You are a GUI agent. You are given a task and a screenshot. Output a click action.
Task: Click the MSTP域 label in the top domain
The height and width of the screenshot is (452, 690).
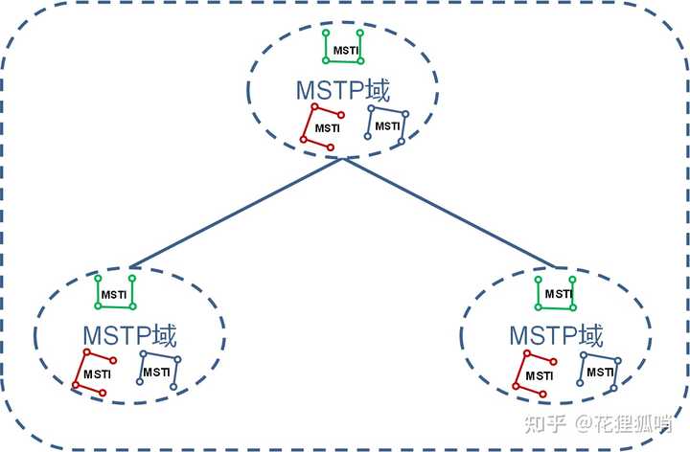(x=343, y=92)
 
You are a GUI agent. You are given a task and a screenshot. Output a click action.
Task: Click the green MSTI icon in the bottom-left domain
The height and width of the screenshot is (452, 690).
(x=115, y=292)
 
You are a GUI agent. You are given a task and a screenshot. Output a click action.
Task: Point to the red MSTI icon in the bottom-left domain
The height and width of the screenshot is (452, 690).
(x=94, y=373)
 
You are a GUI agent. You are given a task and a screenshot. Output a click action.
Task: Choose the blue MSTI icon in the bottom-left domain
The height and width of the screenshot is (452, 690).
(x=158, y=370)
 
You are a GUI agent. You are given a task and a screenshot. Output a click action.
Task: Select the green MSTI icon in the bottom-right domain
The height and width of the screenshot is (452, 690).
(x=556, y=292)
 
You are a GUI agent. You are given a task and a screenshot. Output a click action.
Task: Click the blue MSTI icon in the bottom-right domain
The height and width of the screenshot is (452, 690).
(x=600, y=371)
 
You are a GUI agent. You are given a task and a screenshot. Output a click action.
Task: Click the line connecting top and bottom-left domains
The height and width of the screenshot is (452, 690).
(x=235, y=213)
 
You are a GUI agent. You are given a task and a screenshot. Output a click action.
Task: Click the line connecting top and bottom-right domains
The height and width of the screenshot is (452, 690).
(x=450, y=213)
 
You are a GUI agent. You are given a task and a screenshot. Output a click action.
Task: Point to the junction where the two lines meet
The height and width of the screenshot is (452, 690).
(x=342, y=159)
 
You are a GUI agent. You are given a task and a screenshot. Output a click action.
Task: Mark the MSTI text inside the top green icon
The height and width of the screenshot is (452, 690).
(x=343, y=50)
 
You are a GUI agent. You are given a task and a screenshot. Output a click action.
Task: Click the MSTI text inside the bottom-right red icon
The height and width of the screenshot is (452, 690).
(x=537, y=374)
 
